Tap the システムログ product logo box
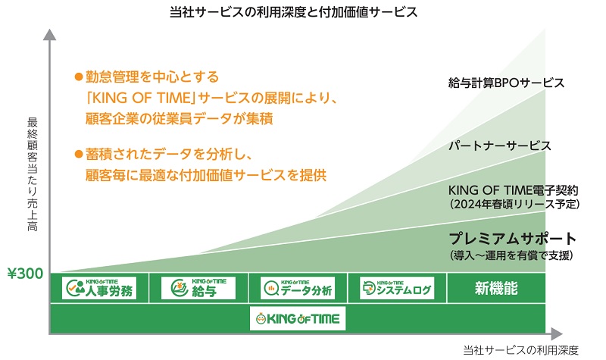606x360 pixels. coord(397,288)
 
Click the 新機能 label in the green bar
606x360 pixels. coord(496,288)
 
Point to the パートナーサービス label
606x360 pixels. coord(499,145)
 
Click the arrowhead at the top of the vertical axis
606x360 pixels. coord(49,35)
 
